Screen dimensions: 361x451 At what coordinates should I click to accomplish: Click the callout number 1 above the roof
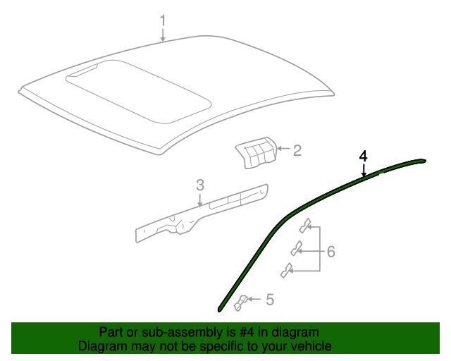(163, 20)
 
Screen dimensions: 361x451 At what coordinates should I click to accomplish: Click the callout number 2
(297, 149)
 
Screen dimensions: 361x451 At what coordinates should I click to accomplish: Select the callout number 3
(200, 185)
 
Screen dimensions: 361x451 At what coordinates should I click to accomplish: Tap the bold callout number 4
(364, 155)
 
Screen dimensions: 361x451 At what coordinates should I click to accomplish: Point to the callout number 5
(269, 300)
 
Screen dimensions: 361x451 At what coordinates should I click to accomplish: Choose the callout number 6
(330, 252)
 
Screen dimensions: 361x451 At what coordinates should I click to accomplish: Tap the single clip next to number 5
(241, 302)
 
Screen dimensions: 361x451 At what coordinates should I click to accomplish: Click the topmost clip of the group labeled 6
(306, 225)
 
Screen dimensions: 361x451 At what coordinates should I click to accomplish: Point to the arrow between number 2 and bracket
(282, 149)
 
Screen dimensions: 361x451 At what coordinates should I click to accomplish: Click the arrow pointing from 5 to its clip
(256, 300)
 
